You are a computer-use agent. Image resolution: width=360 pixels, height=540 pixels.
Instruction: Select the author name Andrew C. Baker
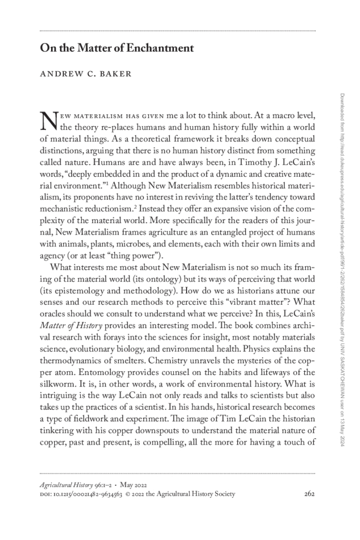[x=85, y=74]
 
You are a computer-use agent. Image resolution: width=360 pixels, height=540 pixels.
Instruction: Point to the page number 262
[x=309, y=494]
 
